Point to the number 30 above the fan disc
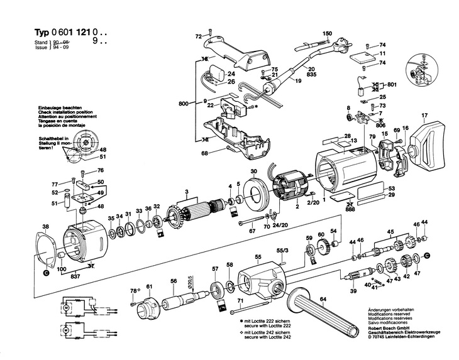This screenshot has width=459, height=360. click(253, 172)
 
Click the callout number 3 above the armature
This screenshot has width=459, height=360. click(187, 191)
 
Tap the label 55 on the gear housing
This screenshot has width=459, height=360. click(258, 258)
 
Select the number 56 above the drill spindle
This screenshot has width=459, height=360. click(174, 281)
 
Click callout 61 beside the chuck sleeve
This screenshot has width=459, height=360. click(149, 287)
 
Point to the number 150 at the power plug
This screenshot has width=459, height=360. click(327, 33)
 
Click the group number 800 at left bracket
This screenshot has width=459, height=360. click(183, 102)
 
